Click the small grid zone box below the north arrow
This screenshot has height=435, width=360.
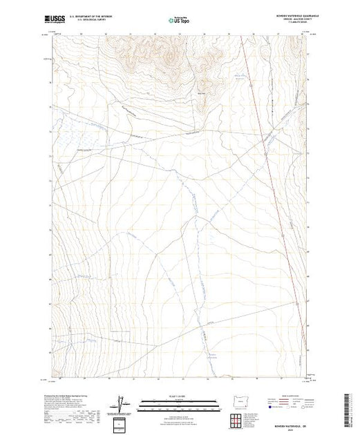tap(122, 423)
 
